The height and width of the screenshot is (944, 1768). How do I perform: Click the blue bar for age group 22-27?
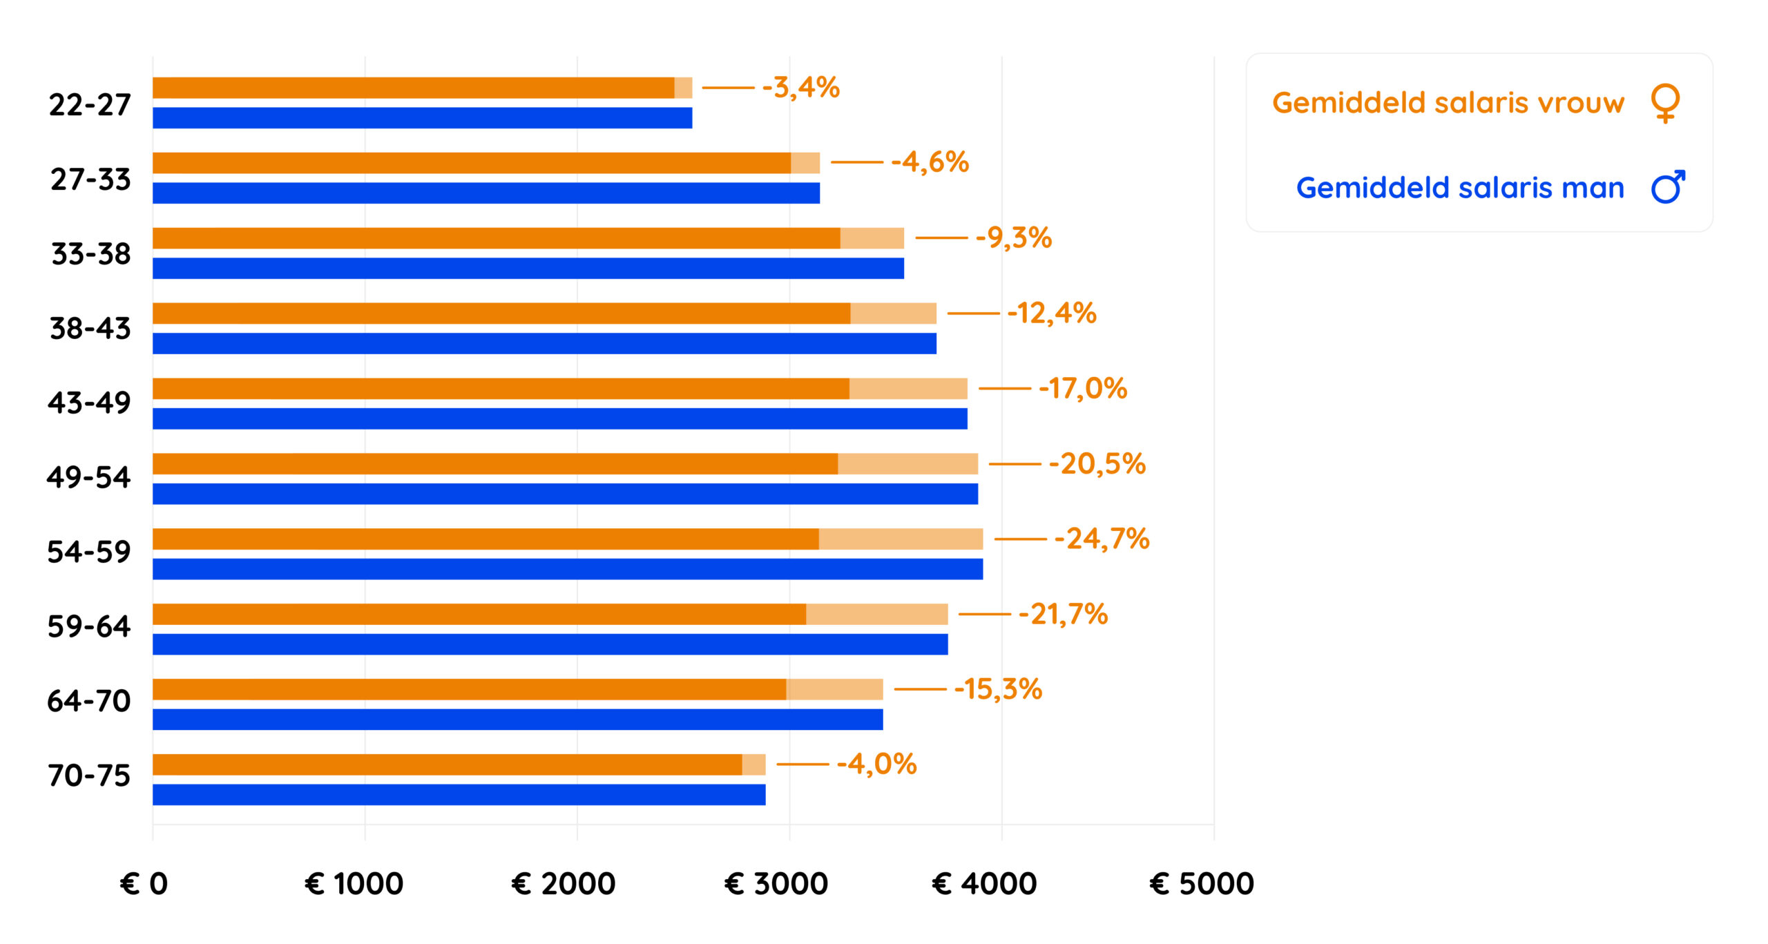(422, 118)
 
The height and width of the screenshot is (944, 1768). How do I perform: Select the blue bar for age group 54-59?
(567, 569)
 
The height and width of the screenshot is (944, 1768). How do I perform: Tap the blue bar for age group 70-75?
(459, 795)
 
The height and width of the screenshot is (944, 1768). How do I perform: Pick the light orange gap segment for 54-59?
(901, 539)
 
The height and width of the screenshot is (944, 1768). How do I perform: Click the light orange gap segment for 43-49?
(908, 389)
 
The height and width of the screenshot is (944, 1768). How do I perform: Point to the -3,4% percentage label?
(801, 88)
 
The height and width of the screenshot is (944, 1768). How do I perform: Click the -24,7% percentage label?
(1102, 539)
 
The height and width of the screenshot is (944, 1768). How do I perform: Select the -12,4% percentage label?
(1052, 313)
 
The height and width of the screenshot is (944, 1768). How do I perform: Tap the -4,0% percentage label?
(876, 764)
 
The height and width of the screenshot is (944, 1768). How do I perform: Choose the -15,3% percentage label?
(998, 688)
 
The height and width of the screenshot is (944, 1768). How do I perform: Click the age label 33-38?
(90, 254)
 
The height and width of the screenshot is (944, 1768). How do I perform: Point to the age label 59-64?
(89, 626)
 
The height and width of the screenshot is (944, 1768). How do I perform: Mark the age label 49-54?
(89, 477)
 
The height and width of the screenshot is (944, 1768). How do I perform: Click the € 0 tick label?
(144, 883)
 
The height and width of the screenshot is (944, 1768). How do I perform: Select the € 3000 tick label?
(776, 883)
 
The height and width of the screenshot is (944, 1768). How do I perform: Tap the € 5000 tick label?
(1202, 883)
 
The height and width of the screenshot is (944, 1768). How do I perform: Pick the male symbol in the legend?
(1668, 187)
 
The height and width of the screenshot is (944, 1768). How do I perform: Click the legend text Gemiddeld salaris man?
(1460, 188)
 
